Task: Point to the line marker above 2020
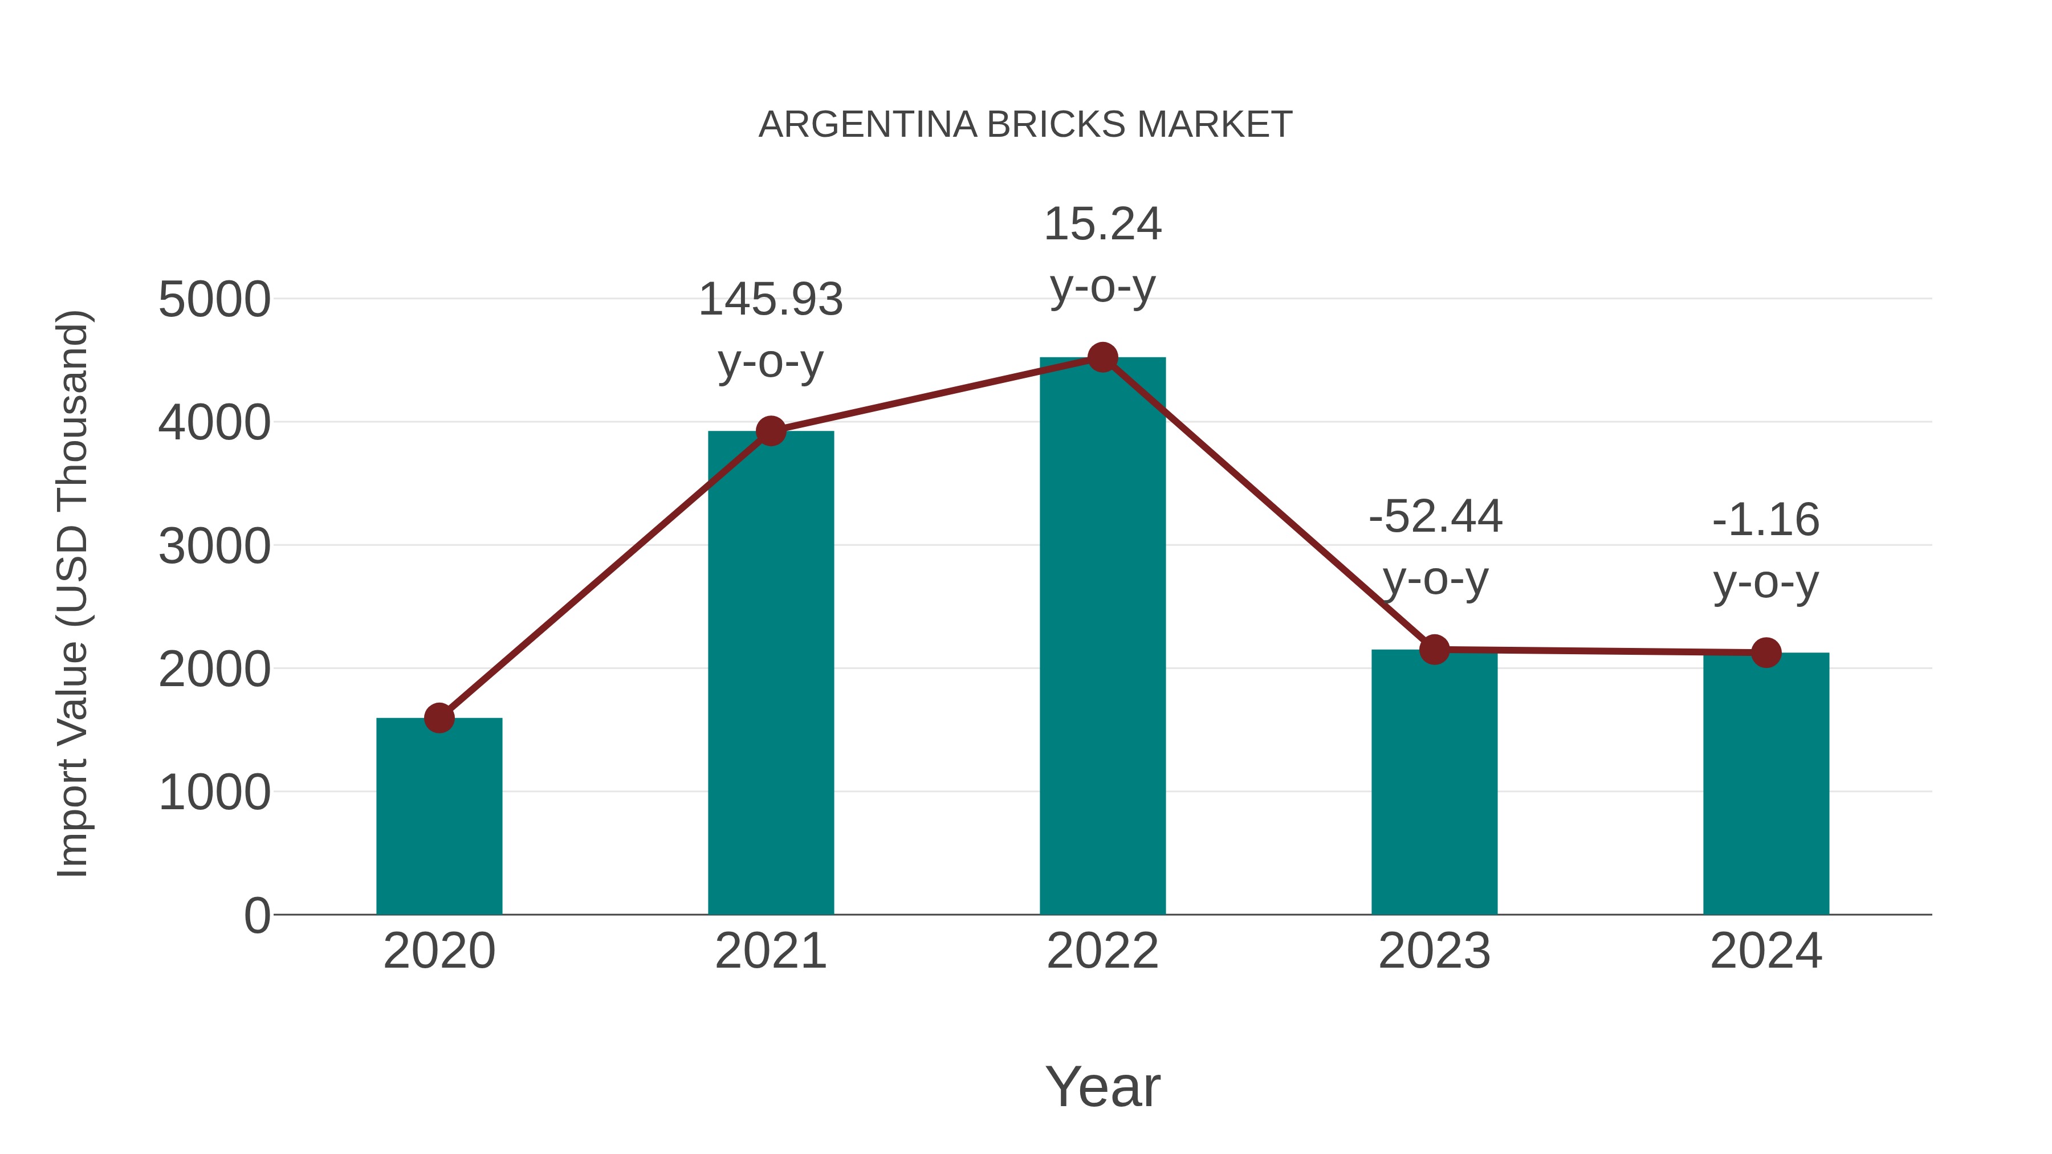[439, 719]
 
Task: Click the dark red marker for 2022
[1102, 357]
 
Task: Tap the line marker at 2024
[1766, 653]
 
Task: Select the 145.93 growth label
[770, 300]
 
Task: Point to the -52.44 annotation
[1435, 517]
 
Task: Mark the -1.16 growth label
[1766, 520]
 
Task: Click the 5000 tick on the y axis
[214, 300]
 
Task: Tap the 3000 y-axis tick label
[214, 547]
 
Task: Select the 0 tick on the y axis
[256, 916]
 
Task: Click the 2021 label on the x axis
[770, 951]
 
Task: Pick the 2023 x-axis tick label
[1434, 951]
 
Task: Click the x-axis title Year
[1102, 1086]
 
